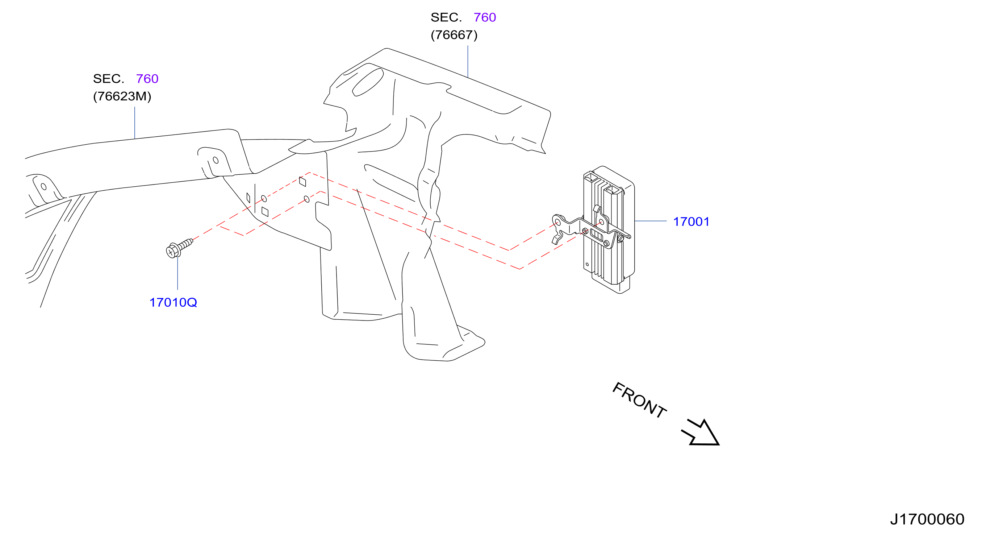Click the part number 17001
[691, 222]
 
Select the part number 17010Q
[173, 302]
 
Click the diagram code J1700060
[927, 519]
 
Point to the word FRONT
[639, 400]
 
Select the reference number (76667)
[454, 35]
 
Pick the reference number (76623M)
[122, 96]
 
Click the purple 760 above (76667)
[485, 17]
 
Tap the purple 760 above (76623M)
[147, 79]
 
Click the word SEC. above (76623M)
[109, 79]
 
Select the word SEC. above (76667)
[446, 17]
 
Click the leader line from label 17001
[651, 221]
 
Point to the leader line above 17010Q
[177, 273]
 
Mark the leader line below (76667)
[468, 61]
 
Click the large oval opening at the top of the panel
[368, 82]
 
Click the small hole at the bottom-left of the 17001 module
[587, 265]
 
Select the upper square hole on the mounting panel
[302, 182]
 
